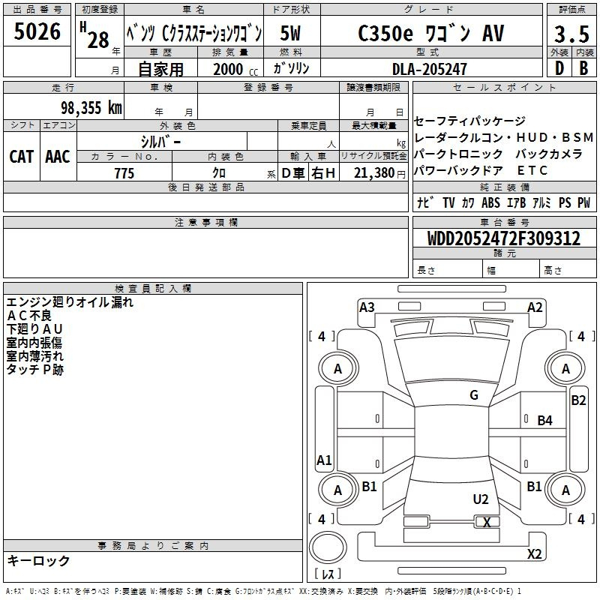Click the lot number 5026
[37, 31]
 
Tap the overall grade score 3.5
[571, 34]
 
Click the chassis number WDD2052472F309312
[503, 238]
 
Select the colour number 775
[124, 173]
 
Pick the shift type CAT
[21, 156]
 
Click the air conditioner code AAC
[58, 156]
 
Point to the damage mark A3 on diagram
[367, 307]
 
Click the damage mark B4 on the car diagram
[544, 421]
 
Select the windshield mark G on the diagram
[473, 395]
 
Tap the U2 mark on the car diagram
[481, 499]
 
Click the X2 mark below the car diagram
[534, 554]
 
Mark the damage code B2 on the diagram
[578, 400]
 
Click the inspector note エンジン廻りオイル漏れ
[70, 303]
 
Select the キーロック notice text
[38, 561]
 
